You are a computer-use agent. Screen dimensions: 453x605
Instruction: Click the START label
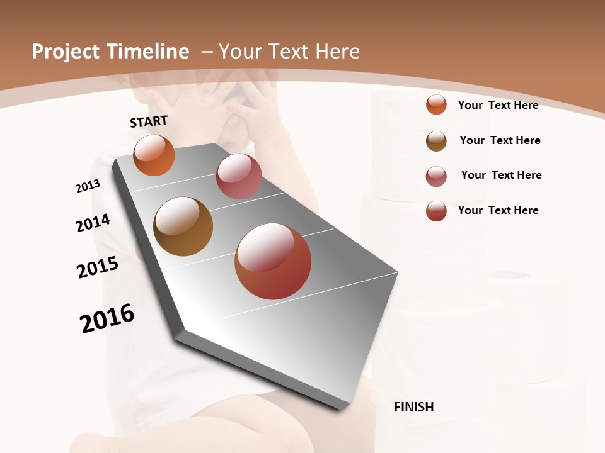(x=149, y=121)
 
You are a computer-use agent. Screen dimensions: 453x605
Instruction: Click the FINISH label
(x=413, y=407)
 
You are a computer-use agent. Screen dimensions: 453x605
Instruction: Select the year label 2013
(x=88, y=186)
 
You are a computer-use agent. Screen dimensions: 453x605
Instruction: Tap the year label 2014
(x=93, y=223)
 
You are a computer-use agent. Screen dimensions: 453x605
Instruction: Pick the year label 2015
(x=98, y=267)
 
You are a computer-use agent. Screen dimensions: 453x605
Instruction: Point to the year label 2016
(x=107, y=318)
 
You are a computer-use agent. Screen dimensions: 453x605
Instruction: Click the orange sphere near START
(x=154, y=155)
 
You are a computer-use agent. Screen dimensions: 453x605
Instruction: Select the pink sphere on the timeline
(x=239, y=176)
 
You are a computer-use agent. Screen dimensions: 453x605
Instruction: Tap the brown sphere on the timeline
(x=183, y=226)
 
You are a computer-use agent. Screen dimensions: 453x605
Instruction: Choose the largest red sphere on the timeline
(x=273, y=261)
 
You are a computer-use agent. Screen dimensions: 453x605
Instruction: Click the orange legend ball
(x=436, y=104)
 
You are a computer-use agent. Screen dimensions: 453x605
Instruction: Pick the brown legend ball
(x=436, y=141)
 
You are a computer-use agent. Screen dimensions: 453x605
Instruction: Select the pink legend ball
(x=436, y=176)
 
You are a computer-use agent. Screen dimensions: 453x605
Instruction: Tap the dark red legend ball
(x=436, y=211)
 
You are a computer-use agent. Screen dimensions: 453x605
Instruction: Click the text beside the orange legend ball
(x=498, y=105)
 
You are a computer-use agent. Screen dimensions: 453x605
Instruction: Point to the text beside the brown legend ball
(x=500, y=140)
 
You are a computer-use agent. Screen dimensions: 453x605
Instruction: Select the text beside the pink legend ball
(x=501, y=175)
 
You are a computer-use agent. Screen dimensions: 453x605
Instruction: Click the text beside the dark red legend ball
(x=498, y=210)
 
